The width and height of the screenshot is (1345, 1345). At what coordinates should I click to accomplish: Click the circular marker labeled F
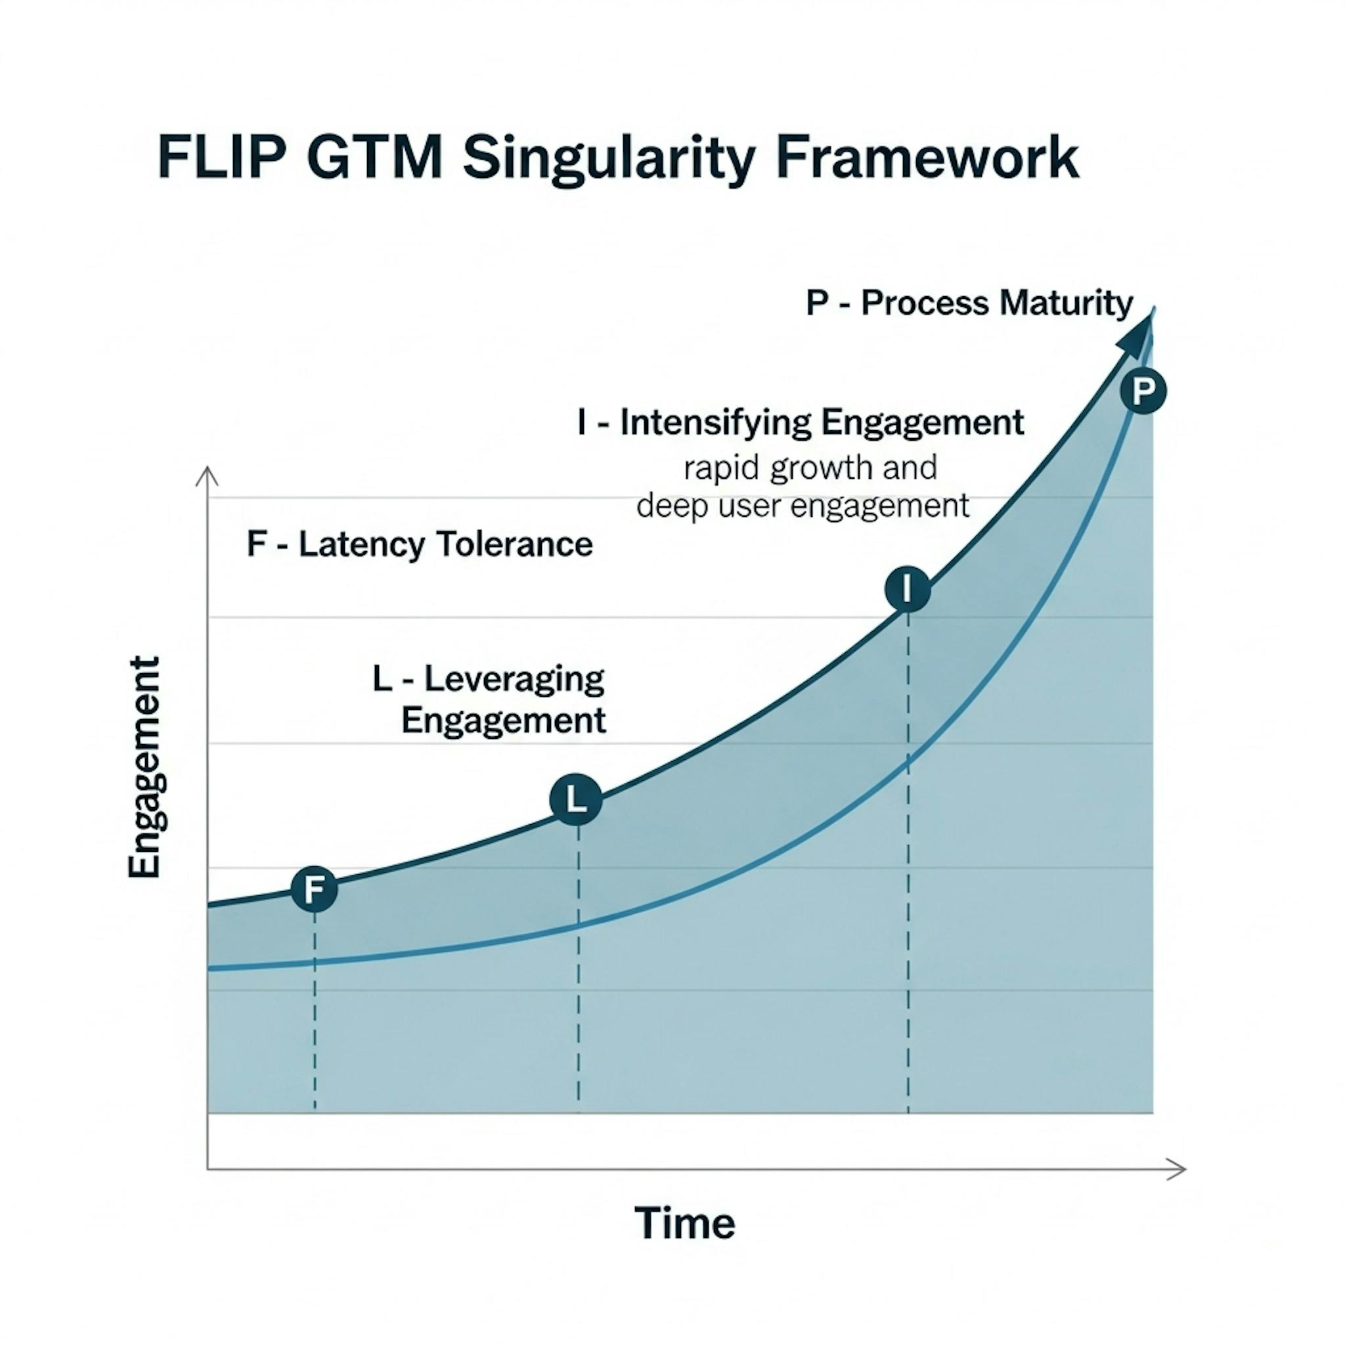(x=315, y=889)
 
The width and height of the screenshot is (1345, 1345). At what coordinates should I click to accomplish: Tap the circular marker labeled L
(x=576, y=799)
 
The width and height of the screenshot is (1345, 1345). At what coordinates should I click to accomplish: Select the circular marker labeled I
(x=907, y=589)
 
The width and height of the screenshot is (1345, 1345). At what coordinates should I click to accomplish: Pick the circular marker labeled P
(x=1143, y=391)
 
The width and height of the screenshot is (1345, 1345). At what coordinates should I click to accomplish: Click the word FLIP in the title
(x=221, y=159)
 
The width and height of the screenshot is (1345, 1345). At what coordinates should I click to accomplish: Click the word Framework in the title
(x=927, y=159)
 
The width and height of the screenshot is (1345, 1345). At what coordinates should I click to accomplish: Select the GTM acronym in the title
(x=374, y=159)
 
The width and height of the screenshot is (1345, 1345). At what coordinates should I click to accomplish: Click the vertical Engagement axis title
(x=144, y=766)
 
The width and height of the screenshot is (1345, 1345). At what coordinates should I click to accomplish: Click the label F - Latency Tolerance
(x=420, y=544)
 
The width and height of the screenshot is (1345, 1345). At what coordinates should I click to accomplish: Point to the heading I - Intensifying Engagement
(x=801, y=422)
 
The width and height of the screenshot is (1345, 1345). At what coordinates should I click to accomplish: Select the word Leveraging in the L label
(x=514, y=679)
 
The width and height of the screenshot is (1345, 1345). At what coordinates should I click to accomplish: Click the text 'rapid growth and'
(x=810, y=468)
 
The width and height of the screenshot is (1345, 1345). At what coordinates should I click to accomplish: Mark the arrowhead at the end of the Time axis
(x=1176, y=1170)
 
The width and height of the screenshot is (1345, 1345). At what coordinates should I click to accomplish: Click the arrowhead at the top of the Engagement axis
(x=208, y=476)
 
